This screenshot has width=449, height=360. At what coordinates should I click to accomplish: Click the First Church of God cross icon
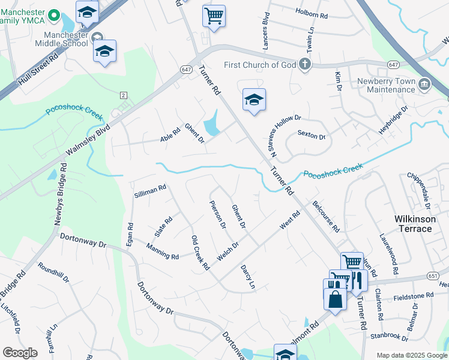point(305,65)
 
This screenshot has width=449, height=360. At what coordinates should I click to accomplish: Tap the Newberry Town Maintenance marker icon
point(426,83)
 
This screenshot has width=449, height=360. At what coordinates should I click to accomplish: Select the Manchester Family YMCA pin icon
point(53,15)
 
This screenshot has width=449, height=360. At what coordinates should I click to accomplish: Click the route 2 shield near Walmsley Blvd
point(123,95)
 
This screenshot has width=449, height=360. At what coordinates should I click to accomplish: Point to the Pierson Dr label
point(217,214)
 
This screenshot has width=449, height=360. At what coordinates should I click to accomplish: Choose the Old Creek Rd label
point(200,253)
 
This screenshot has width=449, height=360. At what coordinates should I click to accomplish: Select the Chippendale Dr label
point(418,188)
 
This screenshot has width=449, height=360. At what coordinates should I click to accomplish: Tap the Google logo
point(20,352)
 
